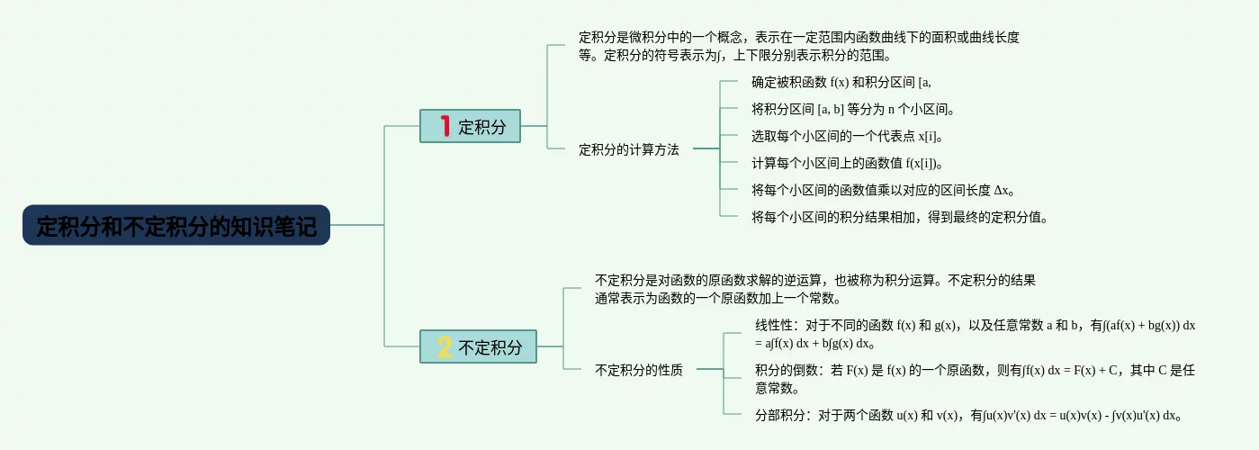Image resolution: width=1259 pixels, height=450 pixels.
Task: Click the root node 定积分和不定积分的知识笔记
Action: coord(176,226)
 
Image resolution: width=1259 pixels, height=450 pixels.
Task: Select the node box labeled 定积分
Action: coord(470,126)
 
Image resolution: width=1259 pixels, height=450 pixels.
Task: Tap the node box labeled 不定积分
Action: coord(478,346)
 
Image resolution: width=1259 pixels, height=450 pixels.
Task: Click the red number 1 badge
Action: coord(445,126)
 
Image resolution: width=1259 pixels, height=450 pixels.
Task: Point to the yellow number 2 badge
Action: coord(445,346)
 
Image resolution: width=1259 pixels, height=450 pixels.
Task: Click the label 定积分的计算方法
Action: coord(628,150)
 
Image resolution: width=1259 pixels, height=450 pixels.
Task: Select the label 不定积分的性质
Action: coord(639,370)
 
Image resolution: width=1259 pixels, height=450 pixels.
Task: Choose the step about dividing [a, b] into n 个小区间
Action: coord(852,110)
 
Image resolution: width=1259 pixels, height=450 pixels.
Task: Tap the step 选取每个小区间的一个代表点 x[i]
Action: coord(847,137)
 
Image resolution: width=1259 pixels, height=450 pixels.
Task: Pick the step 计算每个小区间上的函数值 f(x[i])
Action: coord(846,164)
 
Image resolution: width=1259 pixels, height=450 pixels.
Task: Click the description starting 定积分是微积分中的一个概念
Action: coord(798,47)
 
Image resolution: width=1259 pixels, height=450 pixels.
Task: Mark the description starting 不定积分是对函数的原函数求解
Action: coord(814,289)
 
